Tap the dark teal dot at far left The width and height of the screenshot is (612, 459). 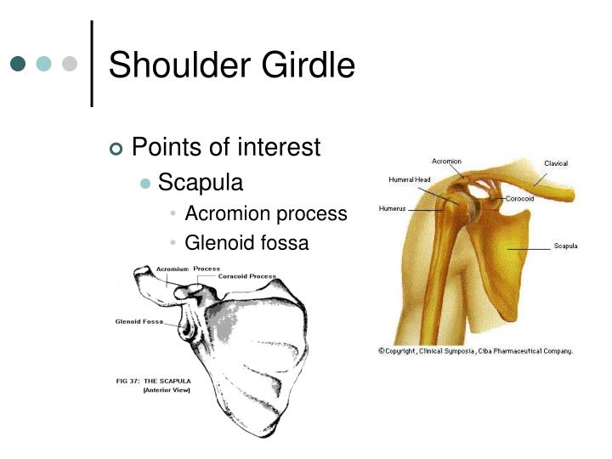[19, 64]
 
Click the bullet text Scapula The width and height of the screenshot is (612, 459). [201, 182]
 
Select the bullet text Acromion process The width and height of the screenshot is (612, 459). [266, 213]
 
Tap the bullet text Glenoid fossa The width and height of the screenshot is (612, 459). [246, 243]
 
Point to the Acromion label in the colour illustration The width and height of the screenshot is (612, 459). [447, 161]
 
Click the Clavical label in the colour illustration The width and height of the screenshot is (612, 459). [556, 163]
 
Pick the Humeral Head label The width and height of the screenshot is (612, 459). [410, 179]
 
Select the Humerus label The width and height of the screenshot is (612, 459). [393, 208]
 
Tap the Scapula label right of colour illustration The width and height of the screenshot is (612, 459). [566, 246]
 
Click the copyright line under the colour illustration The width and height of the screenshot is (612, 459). [475, 350]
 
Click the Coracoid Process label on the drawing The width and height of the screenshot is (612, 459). [247, 276]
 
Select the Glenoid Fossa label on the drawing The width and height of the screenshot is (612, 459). [139, 321]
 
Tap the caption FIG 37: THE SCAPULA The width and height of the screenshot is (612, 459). [154, 381]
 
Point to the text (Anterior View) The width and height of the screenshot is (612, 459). [167, 390]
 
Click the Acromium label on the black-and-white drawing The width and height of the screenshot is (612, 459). [173, 269]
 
